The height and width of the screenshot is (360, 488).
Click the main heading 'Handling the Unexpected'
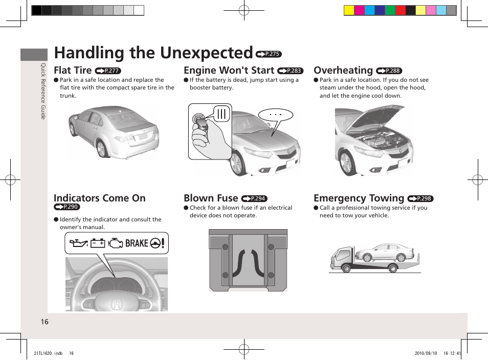coord(153,53)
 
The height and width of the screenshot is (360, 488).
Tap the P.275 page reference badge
coord(269,54)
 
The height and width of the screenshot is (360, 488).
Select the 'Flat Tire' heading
coord(73,70)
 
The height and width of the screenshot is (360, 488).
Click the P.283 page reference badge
coord(290,71)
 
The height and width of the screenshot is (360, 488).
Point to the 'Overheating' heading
coord(343,70)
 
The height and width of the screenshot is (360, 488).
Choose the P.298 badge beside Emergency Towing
coord(420,199)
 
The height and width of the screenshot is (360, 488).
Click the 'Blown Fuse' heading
coord(211,198)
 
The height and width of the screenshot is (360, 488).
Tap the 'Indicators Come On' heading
coord(99,198)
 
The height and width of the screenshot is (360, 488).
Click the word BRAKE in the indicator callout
coord(137,243)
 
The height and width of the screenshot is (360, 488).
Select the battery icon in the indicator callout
coord(98,243)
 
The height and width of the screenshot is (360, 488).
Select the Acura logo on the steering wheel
coord(117,304)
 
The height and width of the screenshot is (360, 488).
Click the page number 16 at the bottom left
coord(45,322)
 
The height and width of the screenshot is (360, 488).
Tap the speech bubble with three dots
coord(276,115)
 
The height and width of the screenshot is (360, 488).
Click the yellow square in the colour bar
coord(349,10)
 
